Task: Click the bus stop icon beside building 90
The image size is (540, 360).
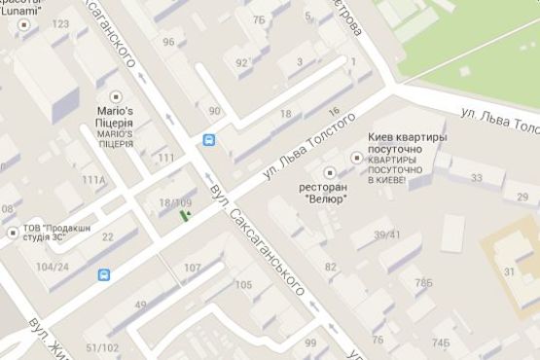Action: pyautogui.click(x=208, y=140)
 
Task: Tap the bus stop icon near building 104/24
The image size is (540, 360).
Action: pyautogui.click(x=104, y=275)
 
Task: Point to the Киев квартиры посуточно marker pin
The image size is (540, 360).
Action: pyautogui.click(x=355, y=158)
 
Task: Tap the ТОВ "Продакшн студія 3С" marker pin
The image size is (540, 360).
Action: pyautogui.click(x=12, y=232)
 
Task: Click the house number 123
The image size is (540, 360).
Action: pyautogui.click(x=61, y=23)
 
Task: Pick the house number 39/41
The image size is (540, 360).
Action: pyautogui.click(x=386, y=234)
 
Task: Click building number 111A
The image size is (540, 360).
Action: pyautogui.click(x=93, y=180)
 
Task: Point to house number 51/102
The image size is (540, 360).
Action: pyautogui.click(x=102, y=347)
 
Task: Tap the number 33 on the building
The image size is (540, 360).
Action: pyautogui.click(x=476, y=178)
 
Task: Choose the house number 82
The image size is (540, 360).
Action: pyautogui.click(x=331, y=267)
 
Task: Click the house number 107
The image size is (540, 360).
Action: pyautogui.click(x=192, y=267)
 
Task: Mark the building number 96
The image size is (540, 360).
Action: pyautogui.click(x=169, y=42)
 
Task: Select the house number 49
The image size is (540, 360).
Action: pyautogui.click(x=141, y=305)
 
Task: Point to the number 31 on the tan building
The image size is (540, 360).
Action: pyautogui.click(x=509, y=271)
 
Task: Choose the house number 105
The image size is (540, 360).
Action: pyautogui.click(x=243, y=285)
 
